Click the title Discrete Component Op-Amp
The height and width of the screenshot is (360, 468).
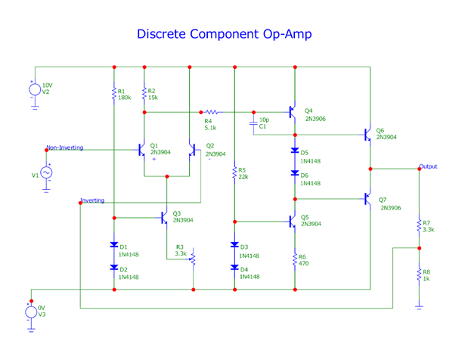click(224, 34)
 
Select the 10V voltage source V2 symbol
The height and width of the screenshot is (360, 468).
click(35, 89)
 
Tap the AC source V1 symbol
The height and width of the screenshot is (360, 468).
click(45, 172)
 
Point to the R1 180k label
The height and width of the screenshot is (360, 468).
click(124, 94)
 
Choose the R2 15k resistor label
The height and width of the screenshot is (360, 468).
click(153, 94)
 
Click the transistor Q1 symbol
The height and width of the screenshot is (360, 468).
click(141, 150)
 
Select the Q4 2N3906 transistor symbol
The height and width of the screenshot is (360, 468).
click(292, 112)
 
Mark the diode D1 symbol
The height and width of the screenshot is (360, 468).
click(113, 245)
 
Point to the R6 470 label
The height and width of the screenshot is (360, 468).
click(303, 260)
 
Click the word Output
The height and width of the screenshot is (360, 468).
click(428, 166)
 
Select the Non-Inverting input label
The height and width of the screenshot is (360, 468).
click(64, 147)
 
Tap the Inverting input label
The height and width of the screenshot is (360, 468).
click(92, 200)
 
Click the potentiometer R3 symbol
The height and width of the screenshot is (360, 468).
click(192, 259)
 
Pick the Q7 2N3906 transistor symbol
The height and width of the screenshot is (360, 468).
click(366, 200)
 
